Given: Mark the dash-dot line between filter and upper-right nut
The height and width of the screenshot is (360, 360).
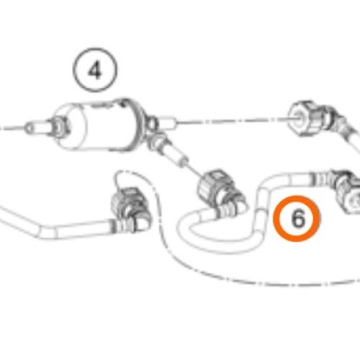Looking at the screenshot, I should pos(230,123).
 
